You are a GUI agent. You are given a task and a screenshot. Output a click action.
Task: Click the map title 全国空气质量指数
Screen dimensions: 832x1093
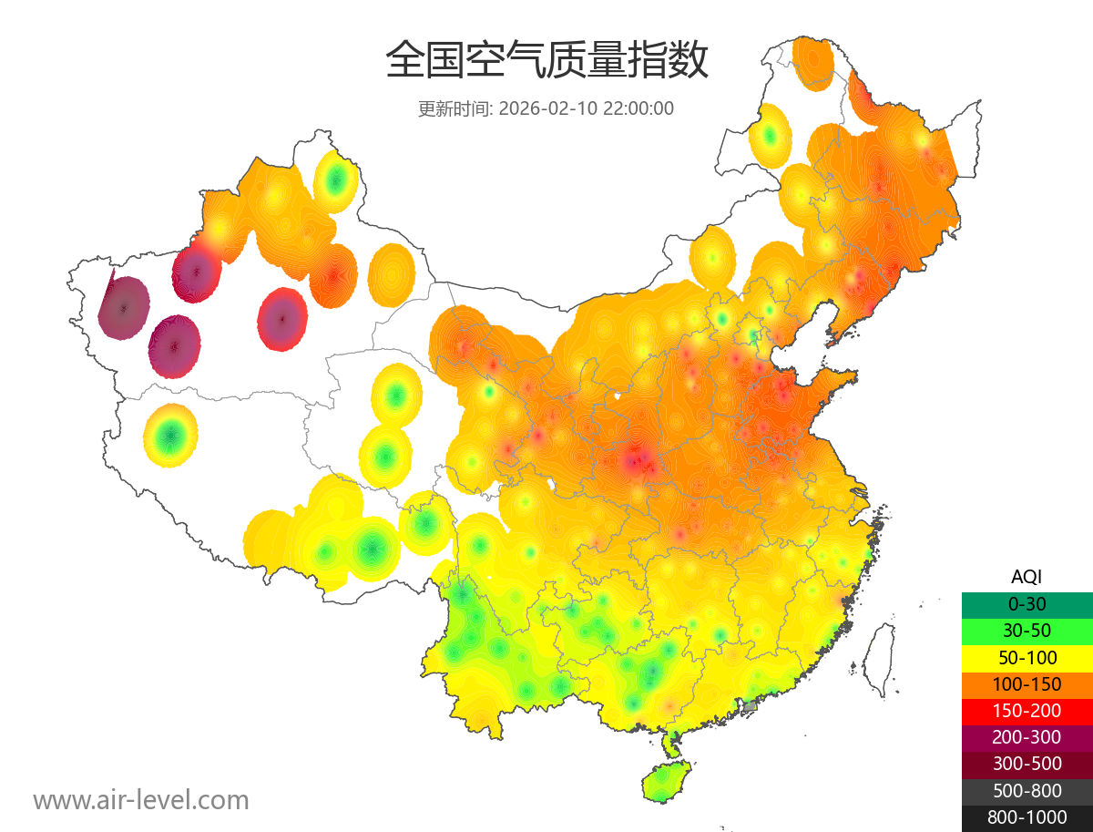coord(546,61)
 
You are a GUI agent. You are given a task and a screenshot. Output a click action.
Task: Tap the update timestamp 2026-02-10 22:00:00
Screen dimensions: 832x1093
coord(587,108)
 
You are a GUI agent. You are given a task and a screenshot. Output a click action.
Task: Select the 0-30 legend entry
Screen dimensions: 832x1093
coord(1027,604)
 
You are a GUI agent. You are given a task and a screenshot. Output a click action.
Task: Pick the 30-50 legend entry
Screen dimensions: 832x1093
coord(1027,631)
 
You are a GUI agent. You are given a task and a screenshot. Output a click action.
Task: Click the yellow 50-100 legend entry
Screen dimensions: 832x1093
coord(1027,657)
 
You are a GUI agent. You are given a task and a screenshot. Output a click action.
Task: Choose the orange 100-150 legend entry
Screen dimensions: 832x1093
coord(1027,683)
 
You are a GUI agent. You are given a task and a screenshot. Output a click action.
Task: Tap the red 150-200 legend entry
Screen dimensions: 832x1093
coord(1027,710)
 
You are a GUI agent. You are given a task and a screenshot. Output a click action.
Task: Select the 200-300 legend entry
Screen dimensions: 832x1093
coord(1027,737)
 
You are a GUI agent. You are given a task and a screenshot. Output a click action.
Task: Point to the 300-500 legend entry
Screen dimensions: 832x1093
coord(1027,764)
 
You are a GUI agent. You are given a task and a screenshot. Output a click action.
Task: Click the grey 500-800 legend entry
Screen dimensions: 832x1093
coord(1027,791)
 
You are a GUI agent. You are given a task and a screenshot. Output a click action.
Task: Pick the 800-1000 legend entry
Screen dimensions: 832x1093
coord(1027,817)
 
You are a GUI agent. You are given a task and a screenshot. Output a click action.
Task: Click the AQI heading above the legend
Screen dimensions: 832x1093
coord(1027,577)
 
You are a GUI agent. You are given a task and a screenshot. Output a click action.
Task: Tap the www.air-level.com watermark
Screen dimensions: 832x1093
coord(141,801)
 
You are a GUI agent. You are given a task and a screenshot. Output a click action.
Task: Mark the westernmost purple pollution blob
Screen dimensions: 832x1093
coord(125,307)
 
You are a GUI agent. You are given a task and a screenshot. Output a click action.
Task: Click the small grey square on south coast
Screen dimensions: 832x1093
coord(750,706)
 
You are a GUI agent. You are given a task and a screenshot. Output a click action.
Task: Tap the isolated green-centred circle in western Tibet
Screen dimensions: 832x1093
coord(170,437)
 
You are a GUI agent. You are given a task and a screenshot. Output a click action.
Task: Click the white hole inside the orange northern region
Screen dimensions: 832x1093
coord(618,396)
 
